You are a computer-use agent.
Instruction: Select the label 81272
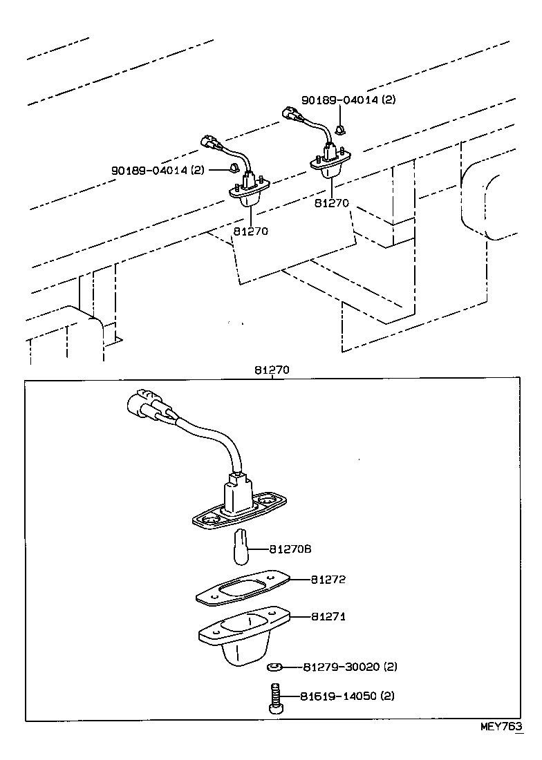(328, 580)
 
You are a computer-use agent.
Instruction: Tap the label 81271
(328, 616)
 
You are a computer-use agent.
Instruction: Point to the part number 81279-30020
(348, 667)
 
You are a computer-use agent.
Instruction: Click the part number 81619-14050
(346, 696)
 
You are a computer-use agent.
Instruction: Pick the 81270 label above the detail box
(271, 370)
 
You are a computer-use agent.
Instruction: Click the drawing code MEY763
(501, 727)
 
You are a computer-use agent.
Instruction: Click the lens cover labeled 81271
(239, 636)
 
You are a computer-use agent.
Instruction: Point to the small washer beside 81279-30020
(274, 667)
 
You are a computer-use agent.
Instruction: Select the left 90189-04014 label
(158, 170)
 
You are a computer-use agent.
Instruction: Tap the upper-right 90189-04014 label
(348, 99)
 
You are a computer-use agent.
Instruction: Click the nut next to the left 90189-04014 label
(235, 168)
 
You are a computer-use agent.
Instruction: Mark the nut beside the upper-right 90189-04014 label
(339, 129)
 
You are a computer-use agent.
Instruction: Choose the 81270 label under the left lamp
(250, 231)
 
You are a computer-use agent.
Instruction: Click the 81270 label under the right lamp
(331, 204)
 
